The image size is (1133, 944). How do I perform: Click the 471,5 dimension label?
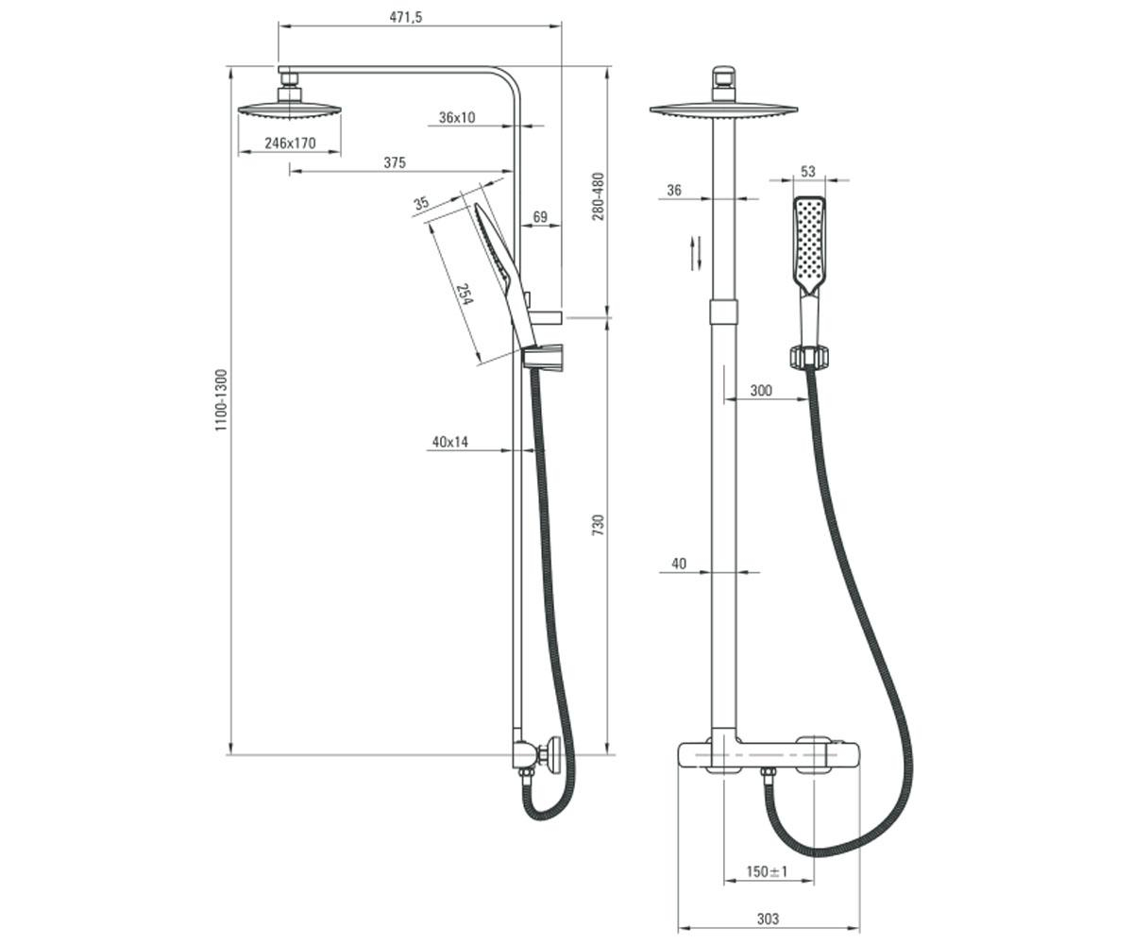pos(405,17)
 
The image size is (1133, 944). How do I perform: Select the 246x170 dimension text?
pos(290,143)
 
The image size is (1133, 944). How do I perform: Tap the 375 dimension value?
pos(395,162)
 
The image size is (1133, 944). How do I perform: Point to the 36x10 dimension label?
pos(457,117)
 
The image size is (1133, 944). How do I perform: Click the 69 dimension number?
pos(540,217)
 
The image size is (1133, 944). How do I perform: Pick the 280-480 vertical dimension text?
pos(598,196)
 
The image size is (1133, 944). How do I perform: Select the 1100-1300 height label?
pos(221,400)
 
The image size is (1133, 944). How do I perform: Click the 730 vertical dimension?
pos(598,525)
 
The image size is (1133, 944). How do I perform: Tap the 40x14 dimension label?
pos(449,442)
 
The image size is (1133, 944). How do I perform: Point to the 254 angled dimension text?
pos(465,294)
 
